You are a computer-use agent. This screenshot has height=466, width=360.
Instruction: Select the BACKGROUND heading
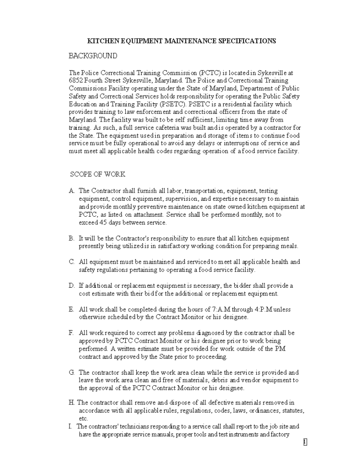pos(93,56)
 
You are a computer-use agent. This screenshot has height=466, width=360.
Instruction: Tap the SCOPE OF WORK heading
pos(98,174)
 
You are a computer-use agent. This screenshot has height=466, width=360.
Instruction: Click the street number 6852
pos(77,80)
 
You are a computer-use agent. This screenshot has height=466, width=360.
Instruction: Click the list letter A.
pos(72,191)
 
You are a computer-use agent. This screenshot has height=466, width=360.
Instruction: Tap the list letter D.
pos(72,285)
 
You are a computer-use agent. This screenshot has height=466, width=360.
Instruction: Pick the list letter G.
pos(72,372)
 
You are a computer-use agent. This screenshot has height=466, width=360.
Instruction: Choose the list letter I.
pos(70,427)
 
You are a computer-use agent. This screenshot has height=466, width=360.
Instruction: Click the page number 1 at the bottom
pos(305,442)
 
